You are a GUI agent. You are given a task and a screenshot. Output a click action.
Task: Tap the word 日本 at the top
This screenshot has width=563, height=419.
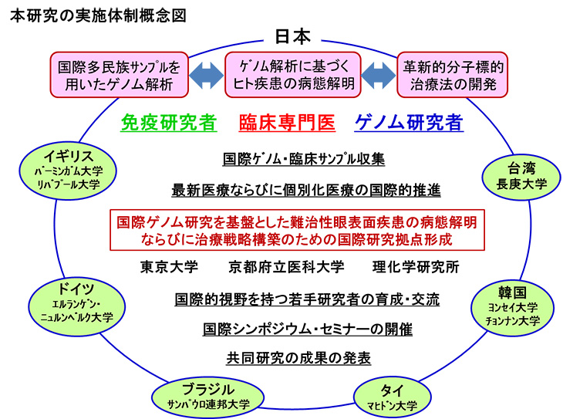[x=292, y=35]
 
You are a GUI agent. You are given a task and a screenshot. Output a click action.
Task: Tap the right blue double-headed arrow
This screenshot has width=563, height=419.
[x=378, y=75]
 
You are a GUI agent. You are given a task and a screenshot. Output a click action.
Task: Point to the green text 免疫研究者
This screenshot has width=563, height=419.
[x=169, y=123]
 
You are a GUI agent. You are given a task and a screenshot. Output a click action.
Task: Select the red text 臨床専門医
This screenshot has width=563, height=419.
[x=285, y=123]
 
